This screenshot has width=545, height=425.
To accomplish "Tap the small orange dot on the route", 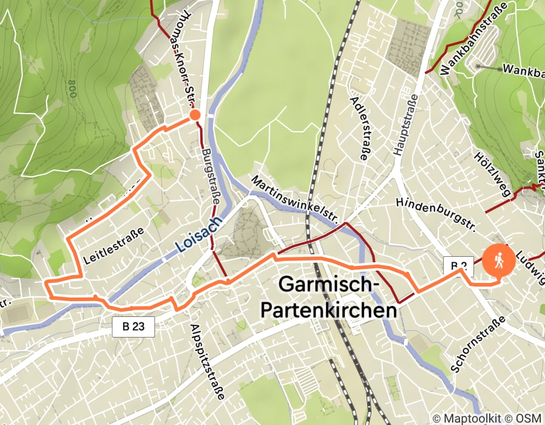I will click(195, 115).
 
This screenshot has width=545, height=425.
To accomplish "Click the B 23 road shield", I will click(134, 327).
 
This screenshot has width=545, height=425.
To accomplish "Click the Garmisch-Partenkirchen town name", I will click(330, 297).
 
